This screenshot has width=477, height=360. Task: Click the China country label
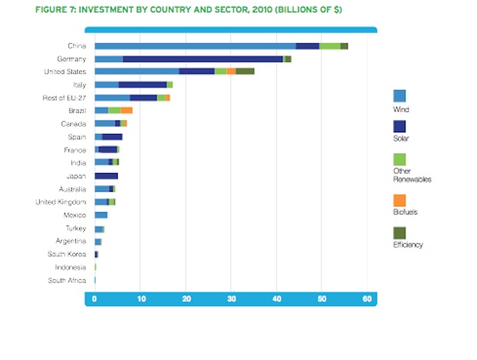[76, 46]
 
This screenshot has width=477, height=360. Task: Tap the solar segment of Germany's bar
[203, 58]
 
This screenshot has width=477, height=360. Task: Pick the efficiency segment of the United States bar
[245, 72]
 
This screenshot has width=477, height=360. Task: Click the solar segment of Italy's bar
[142, 85]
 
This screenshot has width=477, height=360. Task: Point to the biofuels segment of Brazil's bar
[126, 111]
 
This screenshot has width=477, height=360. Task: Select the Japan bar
[106, 176]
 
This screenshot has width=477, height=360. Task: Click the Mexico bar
[101, 215]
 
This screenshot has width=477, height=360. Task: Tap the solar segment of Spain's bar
[112, 137]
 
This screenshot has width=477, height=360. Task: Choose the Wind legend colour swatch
[399, 96]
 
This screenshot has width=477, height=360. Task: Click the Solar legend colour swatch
[399, 125]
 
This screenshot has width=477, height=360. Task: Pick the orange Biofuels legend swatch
[399, 199]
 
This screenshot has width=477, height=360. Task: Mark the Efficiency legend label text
[408, 245]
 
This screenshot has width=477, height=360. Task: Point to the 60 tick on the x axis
[367, 298]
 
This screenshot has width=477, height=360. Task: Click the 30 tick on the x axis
[231, 298]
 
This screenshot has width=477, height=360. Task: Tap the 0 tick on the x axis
[95, 298]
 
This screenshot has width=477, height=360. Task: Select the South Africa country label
[67, 281]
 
